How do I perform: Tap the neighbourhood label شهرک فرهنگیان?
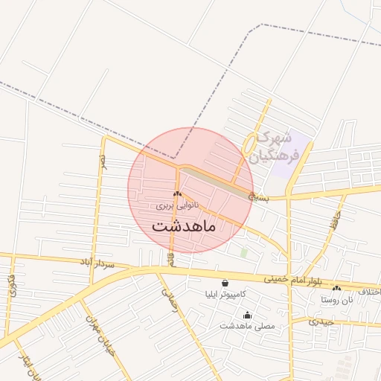(x=276, y=147)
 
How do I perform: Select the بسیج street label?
(x=257, y=198)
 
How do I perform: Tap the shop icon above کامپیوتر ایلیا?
(x=225, y=283)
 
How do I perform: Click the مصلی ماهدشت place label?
(x=248, y=326)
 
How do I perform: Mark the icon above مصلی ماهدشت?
(x=248, y=316)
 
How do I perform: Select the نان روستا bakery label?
(x=336, y=299)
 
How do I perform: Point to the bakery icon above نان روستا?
(x=337, y=289)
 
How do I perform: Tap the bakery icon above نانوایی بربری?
(x=177, y=194)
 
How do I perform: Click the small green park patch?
(x=244, y=252)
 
